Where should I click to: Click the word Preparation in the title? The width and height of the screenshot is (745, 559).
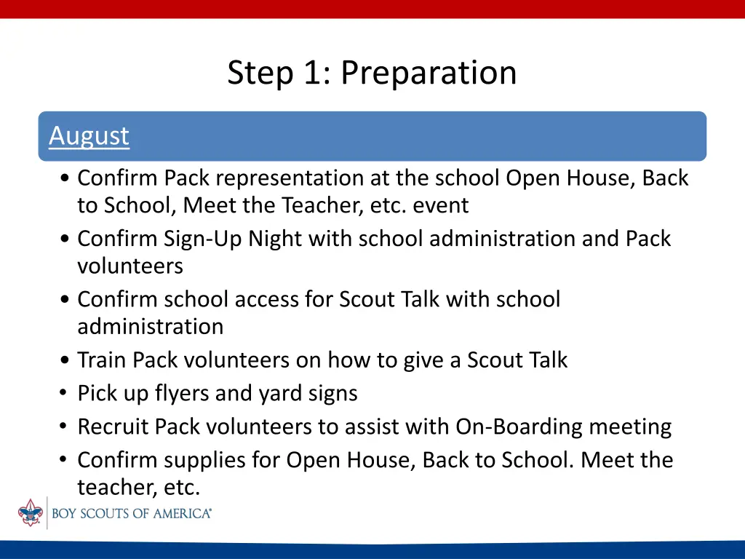click(429, 73)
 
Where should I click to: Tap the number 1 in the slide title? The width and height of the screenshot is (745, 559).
click(313, 73)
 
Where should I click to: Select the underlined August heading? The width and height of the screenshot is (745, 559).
click(89, 136)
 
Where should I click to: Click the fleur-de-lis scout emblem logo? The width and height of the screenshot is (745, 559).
click(31, 512)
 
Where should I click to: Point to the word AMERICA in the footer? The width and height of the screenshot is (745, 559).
click(182, 513)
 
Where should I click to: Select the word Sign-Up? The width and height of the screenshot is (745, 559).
click(203, 239)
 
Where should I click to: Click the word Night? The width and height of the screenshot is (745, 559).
click(275, 239)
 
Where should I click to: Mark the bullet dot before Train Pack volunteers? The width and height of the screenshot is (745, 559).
click(65, 360)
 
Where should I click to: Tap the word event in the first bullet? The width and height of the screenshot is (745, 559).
click(440, 206)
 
